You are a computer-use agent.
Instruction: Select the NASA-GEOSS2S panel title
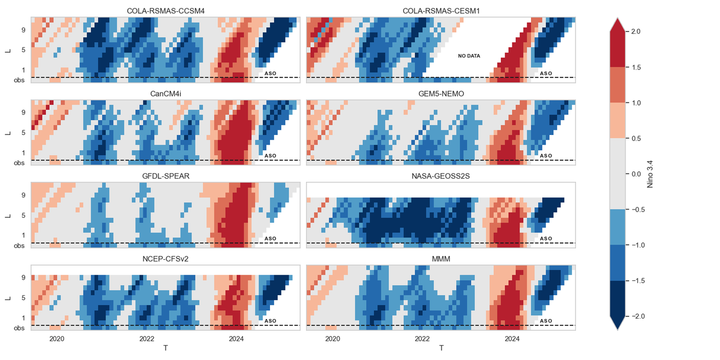point(440,176)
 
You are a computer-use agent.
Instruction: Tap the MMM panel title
point(440,259)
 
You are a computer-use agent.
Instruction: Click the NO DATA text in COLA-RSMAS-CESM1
point(469,56)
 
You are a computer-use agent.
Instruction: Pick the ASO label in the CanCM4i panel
point(270,155)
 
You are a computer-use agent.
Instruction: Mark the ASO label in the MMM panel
point(546,321)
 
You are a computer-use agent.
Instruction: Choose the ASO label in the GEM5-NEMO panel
point(546,155)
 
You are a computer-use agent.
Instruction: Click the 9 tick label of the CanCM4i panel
point(23,112)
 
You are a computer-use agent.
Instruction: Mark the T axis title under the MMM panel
point(441,349)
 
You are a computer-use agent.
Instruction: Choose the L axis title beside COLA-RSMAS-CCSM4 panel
point(8,50)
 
